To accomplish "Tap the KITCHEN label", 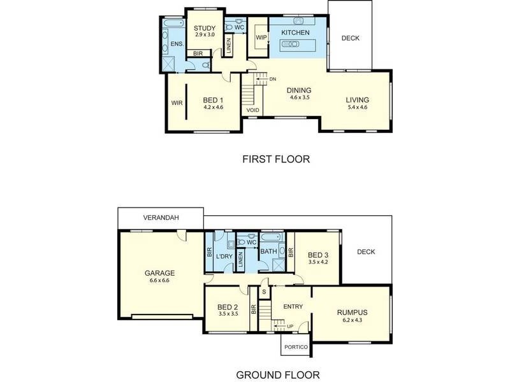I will (295, 32).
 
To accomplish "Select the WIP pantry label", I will (261, 38).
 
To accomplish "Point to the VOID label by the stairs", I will (253, 110).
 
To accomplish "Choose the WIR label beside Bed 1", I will (177, 101).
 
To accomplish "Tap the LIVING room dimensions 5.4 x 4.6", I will (357, 108).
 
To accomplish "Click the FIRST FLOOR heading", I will (276, 159).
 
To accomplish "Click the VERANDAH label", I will (161, 218).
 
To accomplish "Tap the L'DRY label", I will (224, 257).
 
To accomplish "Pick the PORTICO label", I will (296, 347).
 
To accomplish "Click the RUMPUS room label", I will (353, 312).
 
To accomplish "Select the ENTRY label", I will (293, 307).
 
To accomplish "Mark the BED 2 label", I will (228, 306).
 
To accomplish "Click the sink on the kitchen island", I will (291, 44).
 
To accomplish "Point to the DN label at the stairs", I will (273, 79).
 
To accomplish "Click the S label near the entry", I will (265, 292).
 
